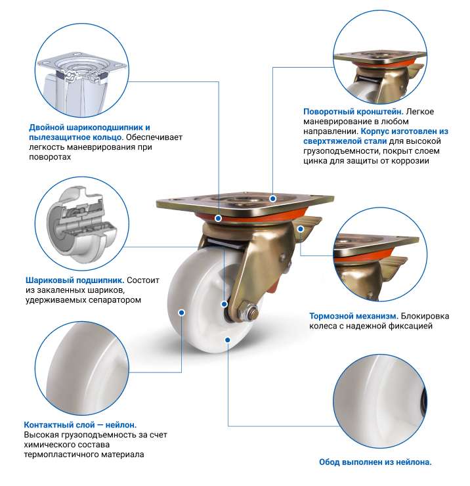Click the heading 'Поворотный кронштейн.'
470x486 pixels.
pyautogui.click(x=353, y=112)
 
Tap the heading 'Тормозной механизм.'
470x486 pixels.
pyautogui.click(x=354, y=316)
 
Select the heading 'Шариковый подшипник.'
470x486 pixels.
pyautogui.click(x=75, y=280)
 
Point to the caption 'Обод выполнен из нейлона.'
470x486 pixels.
pyautogui.click(x=375, y=462)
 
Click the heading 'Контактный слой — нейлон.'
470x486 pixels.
pyautogui.click(x=80, y=425)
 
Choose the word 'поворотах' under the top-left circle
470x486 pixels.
pyautogui.click(x=50, y=157)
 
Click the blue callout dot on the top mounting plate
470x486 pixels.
pyautogui.click(x=272, y=198)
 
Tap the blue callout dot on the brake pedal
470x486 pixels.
pyautogui.click(x=300, y=229)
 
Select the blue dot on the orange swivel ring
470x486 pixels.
pyautogui.click(x=218, y=218)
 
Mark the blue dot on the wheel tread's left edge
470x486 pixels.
pyautogui.click(x=182, y=313)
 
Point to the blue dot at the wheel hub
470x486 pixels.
pyautogui.click(x=224, y=304)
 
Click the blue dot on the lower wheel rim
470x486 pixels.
pyautogui.click(x=228, y=340)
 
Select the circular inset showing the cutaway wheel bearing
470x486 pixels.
pyautogui.click(x=82, y=224)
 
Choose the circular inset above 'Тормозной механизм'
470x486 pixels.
pyautogui.click(x=380, y=254)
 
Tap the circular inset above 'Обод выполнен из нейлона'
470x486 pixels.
pyautogui.click(x=380, y=402)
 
